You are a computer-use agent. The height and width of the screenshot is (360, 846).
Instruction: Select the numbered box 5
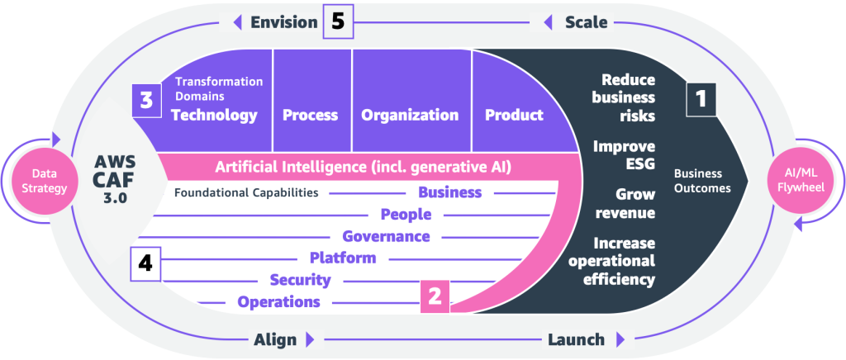(x=338, y=22)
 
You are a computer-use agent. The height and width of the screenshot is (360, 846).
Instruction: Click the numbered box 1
(x=701, y=99)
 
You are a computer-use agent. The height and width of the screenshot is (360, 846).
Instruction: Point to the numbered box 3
(x=145, y=101)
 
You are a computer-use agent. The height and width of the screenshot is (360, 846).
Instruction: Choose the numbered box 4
(x=145, y=264)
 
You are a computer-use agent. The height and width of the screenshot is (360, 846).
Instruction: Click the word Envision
(x=284, y=22)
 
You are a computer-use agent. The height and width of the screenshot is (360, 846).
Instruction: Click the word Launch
(x=576, y=339)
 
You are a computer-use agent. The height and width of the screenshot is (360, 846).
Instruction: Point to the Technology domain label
(x=214, y=115)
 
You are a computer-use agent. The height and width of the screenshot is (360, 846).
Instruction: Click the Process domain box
(x=311, y=115)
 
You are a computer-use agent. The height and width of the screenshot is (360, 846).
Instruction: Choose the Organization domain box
(x=410, y=115)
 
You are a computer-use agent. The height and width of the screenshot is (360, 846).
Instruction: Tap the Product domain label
(x=514, y=115)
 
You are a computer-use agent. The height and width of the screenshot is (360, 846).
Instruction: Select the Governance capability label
(x=386, y=236)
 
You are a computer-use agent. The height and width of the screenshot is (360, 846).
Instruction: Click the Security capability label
(x=301, y=280)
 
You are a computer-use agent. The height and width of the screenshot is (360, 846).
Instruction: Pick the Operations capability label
(x=278, y=301)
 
